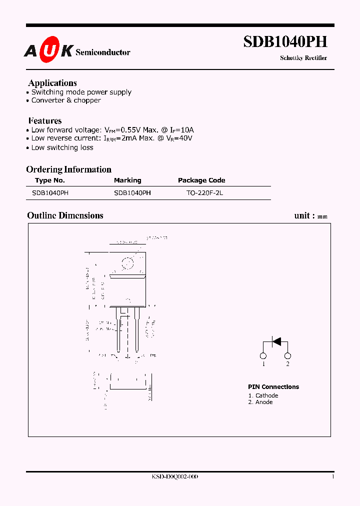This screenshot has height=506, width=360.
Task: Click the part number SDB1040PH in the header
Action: (x=285, y=42)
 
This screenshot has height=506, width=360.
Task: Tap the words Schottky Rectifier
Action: (x=303, y=58)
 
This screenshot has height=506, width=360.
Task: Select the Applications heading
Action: (x=52, y=83)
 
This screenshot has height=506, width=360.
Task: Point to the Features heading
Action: (x=45, y=120)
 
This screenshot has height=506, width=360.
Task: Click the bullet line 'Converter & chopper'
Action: (x=66, y=100)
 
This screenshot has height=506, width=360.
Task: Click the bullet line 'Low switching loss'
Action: (x=62, y=147)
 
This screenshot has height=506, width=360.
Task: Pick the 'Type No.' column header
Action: (x=50, y=180)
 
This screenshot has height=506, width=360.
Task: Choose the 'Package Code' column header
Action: (x=201, y=180)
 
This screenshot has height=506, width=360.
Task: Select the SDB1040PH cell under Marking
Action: (x=132, y=192)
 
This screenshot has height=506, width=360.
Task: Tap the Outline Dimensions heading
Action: (x=65, y=215)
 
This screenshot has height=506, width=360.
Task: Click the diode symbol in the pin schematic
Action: (x=275, y=342)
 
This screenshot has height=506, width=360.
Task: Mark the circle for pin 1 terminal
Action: (x=263, y=356)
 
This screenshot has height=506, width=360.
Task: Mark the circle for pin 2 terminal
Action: (x=287, y=356)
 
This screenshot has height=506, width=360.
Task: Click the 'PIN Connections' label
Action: (x=273, y=387)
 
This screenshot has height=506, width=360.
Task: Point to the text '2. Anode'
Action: (x=260, y=402)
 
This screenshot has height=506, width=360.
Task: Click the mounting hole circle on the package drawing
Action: (x=128, y=262)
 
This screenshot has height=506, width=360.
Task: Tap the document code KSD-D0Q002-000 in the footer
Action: (x=175, y=477)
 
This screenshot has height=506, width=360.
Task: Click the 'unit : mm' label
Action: (x=310, y=216)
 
